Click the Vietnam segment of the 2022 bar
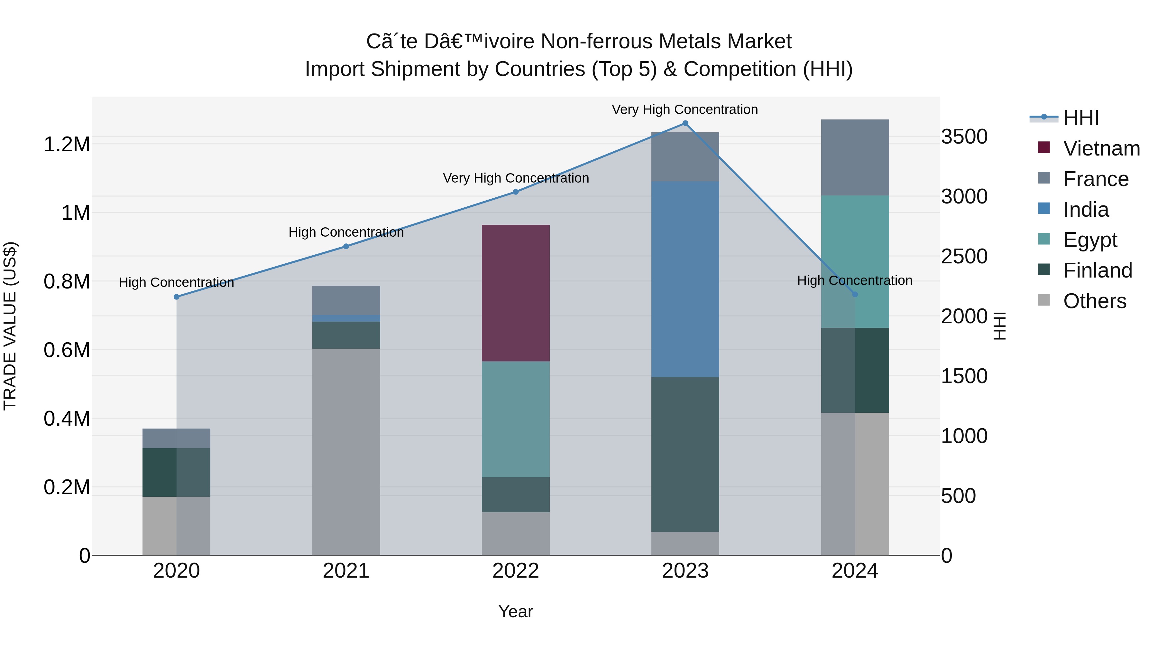(x=516, y=292)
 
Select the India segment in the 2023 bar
(x=685, y=279)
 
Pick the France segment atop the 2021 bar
(x=346, y=300)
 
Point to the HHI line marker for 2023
(x=685, y=123)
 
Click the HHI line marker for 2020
(x=176, y=297)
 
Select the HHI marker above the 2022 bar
(x=516, y=192)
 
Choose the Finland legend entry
(x=1097, y=270)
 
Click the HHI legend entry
(x=1081, y=118)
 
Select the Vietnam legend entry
(x=1101, y=148)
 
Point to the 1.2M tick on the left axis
(x=67, y=145)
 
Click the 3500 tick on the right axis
(x=964, y=137)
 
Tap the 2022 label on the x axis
(x=516, y=571)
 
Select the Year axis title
(x=516, y=611)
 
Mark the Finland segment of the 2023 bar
(x=685, y=454)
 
